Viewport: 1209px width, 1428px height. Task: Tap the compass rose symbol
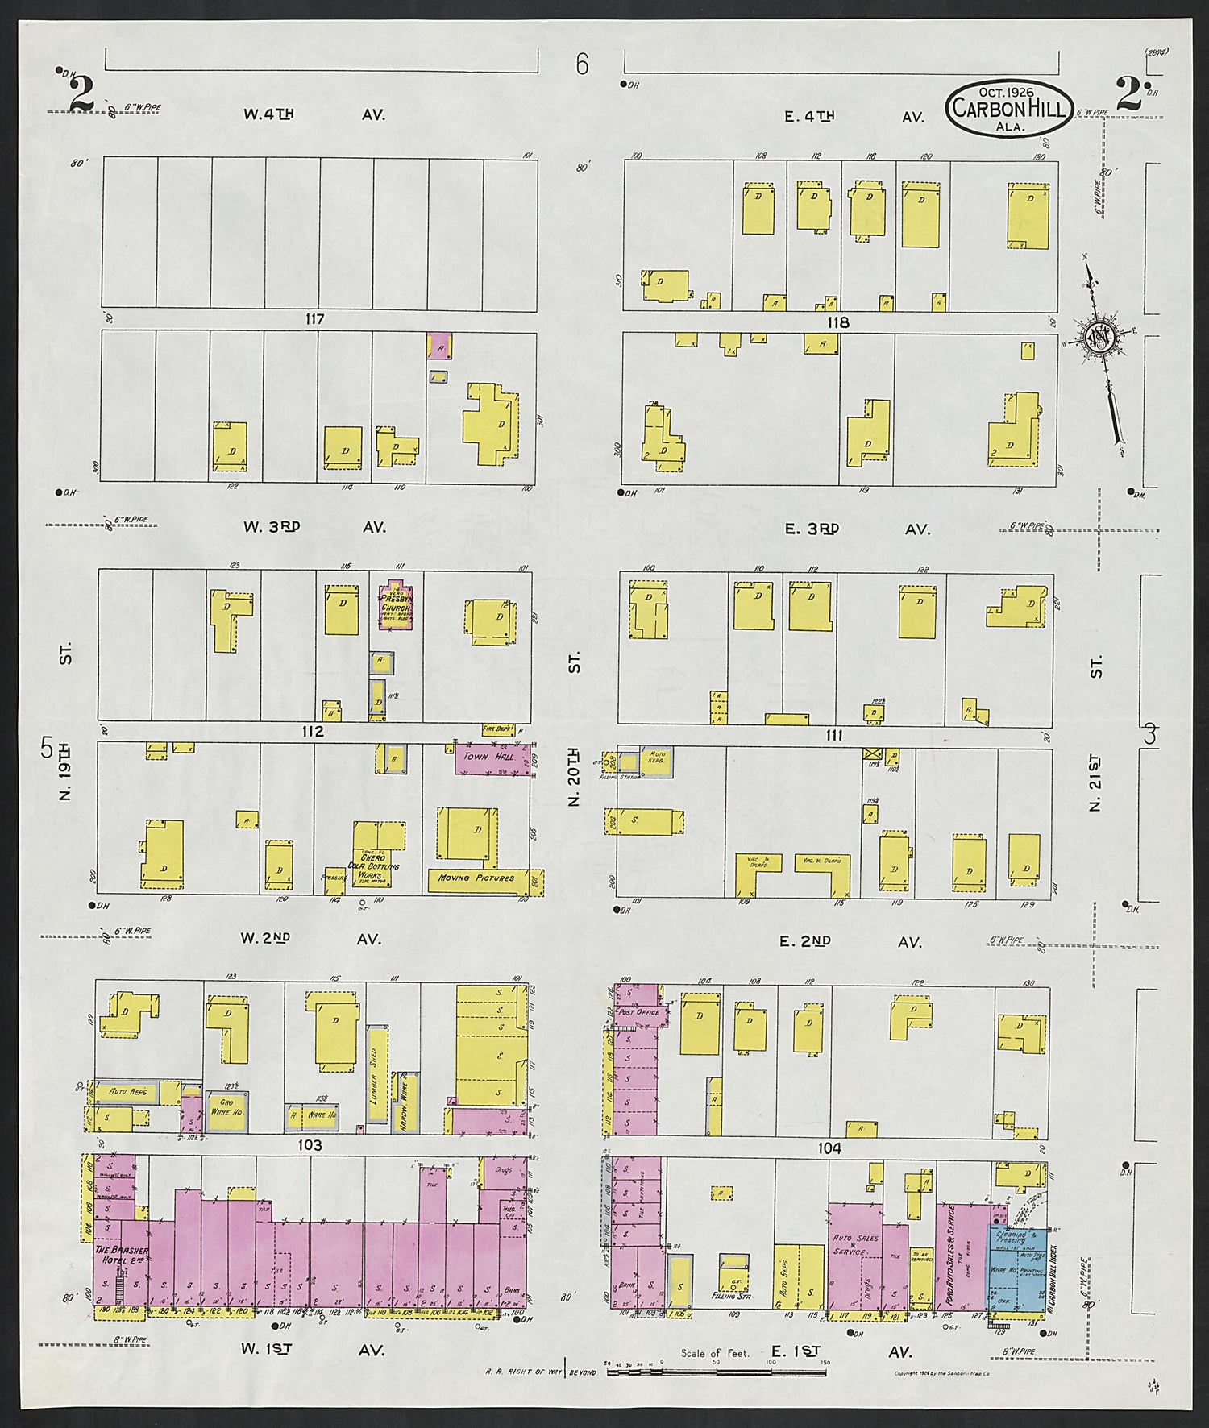(x=1099, y=338)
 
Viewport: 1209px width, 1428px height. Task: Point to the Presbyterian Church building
(x=396, y=604)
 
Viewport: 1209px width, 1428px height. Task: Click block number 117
(x=314, y=320)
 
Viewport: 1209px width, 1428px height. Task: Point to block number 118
(x=838, y=322)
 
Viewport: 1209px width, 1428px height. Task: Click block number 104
(x=828, y=1148)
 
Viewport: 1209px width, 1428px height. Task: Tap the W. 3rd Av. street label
(x=314, y=527)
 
